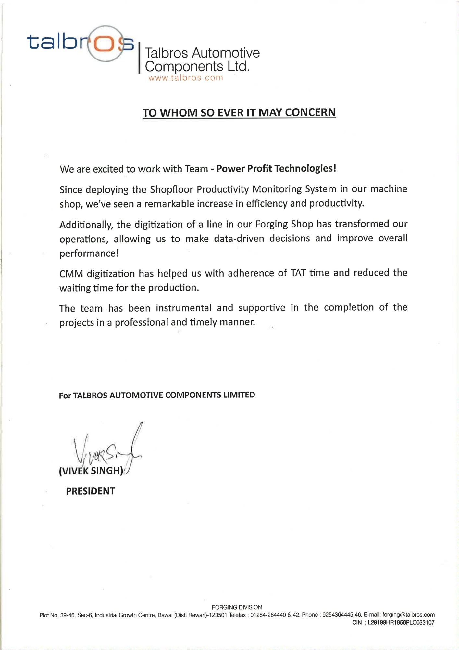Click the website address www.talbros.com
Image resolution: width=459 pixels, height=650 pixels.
tap(186, 78)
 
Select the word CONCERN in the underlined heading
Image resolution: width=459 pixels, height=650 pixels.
tap(310, 112)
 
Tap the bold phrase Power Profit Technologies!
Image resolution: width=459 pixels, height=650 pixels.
tap(276, 168)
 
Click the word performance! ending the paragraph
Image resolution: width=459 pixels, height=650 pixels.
tap(89, 253)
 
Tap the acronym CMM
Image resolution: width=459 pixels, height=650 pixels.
tap(71, 274)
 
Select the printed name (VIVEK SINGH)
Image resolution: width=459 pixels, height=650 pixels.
tap(91, 471)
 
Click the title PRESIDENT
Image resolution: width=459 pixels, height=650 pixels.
tap(91, 491)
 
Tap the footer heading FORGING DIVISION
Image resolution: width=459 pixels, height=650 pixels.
tap(237, 607)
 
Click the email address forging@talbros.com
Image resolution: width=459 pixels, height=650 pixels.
tap(408, 615)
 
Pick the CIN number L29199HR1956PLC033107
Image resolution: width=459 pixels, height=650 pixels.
tap(401, 623)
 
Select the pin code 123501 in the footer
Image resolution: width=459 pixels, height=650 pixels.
tap(218, 615)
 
